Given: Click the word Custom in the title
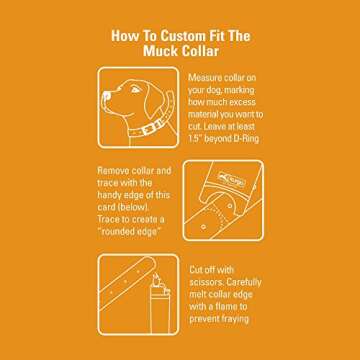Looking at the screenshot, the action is coord(182,36).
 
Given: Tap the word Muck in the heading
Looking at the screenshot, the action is coord(159,51).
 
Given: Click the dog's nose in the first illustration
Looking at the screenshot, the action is coord(106,97).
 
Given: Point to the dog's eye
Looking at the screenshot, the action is coord(134,89).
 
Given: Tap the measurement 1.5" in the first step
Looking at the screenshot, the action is coord(194,139).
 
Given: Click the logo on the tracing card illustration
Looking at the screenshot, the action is coord(232,180).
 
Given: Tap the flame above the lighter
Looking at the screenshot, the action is coord(155,278).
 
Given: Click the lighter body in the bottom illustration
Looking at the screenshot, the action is coord(160,312).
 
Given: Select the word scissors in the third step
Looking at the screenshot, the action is coord(206,282).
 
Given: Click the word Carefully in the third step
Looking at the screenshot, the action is coord(244,282).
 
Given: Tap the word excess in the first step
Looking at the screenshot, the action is coord(240,102).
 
